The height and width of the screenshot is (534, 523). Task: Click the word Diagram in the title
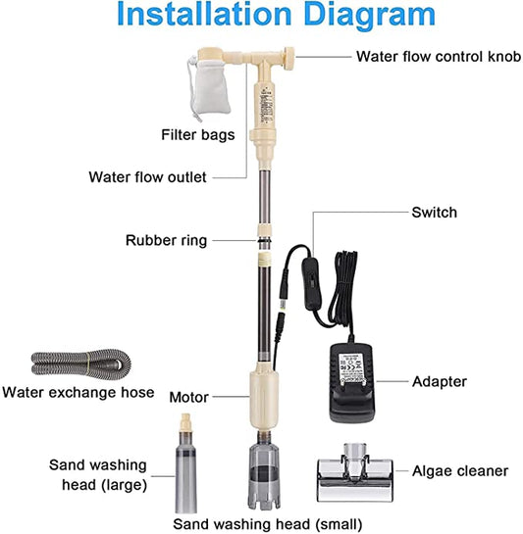tap(369, 16)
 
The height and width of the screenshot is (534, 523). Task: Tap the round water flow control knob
tap(290, 59)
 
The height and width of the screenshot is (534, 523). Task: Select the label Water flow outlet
tap(147, 177)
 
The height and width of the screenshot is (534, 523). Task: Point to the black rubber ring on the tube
tap(264, 240)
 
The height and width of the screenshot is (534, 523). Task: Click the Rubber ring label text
tap(166, 240)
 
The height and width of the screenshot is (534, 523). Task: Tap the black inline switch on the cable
tap(309, 283)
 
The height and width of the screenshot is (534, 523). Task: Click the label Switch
tap(435, 213)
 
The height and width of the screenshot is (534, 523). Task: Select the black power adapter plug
tap(351, 381)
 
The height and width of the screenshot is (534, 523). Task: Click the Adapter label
tap(440, 382)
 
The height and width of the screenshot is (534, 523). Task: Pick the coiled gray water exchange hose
tap(80, 363)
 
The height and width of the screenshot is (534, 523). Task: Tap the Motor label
tap(188, 397)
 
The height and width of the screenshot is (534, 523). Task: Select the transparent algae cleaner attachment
tap(355, 473)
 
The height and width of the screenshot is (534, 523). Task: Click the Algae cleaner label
tap(460, 471)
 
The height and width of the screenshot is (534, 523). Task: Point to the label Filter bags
tap(198, 135)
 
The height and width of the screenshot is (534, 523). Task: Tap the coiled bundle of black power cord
tap(342, 289)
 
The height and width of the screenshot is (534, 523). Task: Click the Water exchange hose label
tap(78, 392)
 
